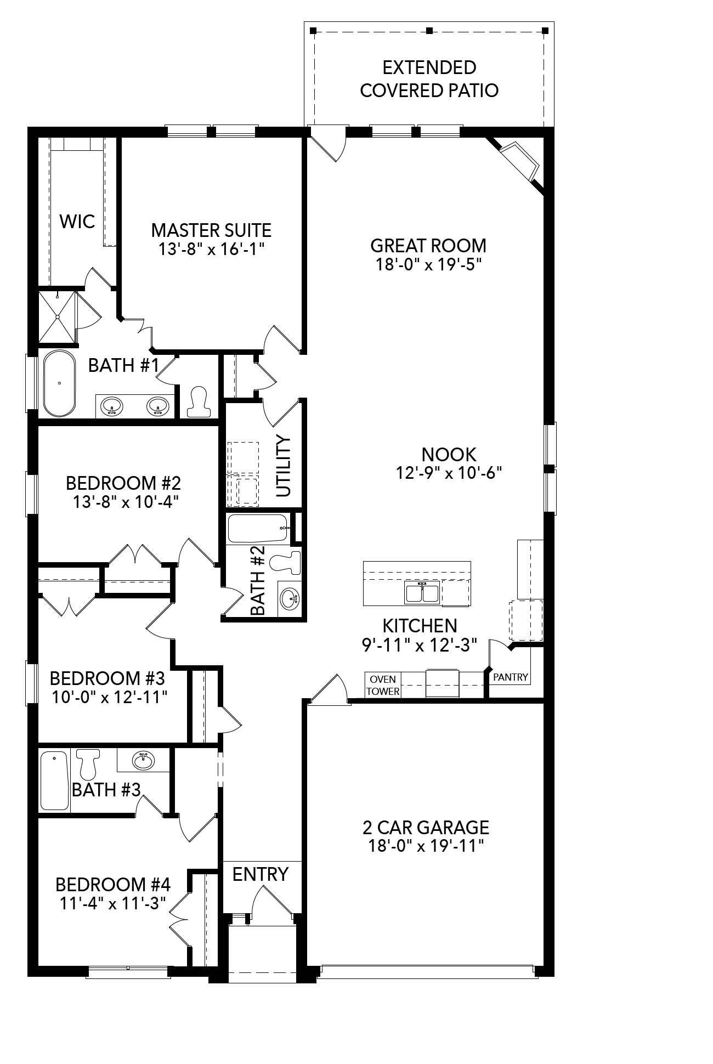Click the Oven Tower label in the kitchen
point(383,685)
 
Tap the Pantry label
point(510,677)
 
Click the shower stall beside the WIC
point(56,318)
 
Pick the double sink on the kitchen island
point(422,593)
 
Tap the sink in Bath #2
point(290,597)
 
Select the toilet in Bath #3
point(88,764)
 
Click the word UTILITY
point(283,466)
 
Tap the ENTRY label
point(260,874)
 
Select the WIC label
point(77,222)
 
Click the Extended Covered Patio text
point(429,79)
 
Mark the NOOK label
point(449,454)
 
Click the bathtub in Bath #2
point(257,528)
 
